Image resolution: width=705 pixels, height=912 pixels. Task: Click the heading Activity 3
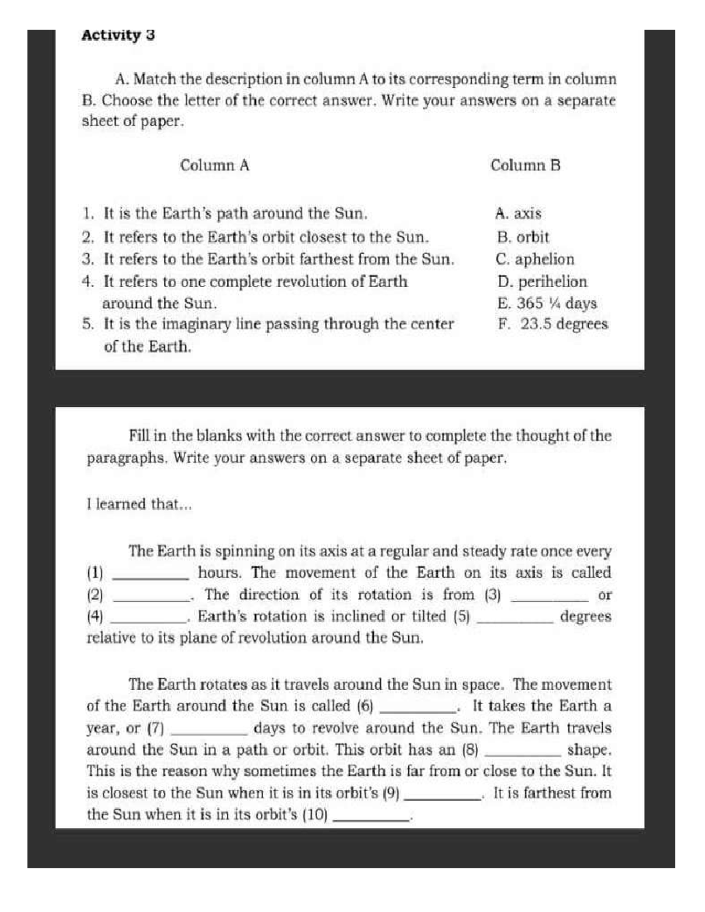point(118,35)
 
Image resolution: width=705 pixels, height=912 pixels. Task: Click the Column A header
point(214,166)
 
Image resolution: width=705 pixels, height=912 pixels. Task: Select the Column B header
point(525,166)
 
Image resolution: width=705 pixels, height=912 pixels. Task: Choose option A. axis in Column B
point(518,214)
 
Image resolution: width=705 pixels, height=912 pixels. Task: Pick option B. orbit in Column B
point(522,237)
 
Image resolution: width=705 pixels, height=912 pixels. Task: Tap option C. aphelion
point(535,259)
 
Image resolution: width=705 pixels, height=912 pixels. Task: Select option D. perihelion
point(542,282)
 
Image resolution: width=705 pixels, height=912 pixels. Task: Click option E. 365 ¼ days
point(546,304)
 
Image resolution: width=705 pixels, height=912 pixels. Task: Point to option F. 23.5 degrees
point(552,324)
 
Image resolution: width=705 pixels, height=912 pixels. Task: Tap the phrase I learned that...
point(139,504)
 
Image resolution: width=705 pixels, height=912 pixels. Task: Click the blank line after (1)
point(150,578)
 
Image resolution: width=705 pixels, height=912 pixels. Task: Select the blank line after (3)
point(549,600)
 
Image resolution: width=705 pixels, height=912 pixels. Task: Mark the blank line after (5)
point(515,621)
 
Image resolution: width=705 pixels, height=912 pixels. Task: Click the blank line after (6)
point(419,711)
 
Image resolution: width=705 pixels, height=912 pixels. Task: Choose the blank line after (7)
point(209,733)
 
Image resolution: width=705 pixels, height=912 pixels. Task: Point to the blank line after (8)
point(522,755)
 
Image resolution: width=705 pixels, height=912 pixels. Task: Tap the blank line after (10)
point(371,819)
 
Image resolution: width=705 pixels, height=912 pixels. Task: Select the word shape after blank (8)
point(588,750)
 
